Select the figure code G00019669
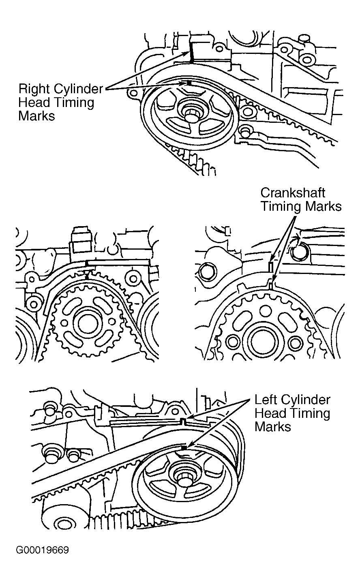click(x=42, y=550)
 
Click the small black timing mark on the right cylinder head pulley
click(x=189, y=83)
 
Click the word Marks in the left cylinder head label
click(x=273, y=427)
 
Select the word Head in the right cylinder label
click(x=33, y=102)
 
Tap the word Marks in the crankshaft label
click(x=323, y=206)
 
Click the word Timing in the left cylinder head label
click(x=310, y=414)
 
